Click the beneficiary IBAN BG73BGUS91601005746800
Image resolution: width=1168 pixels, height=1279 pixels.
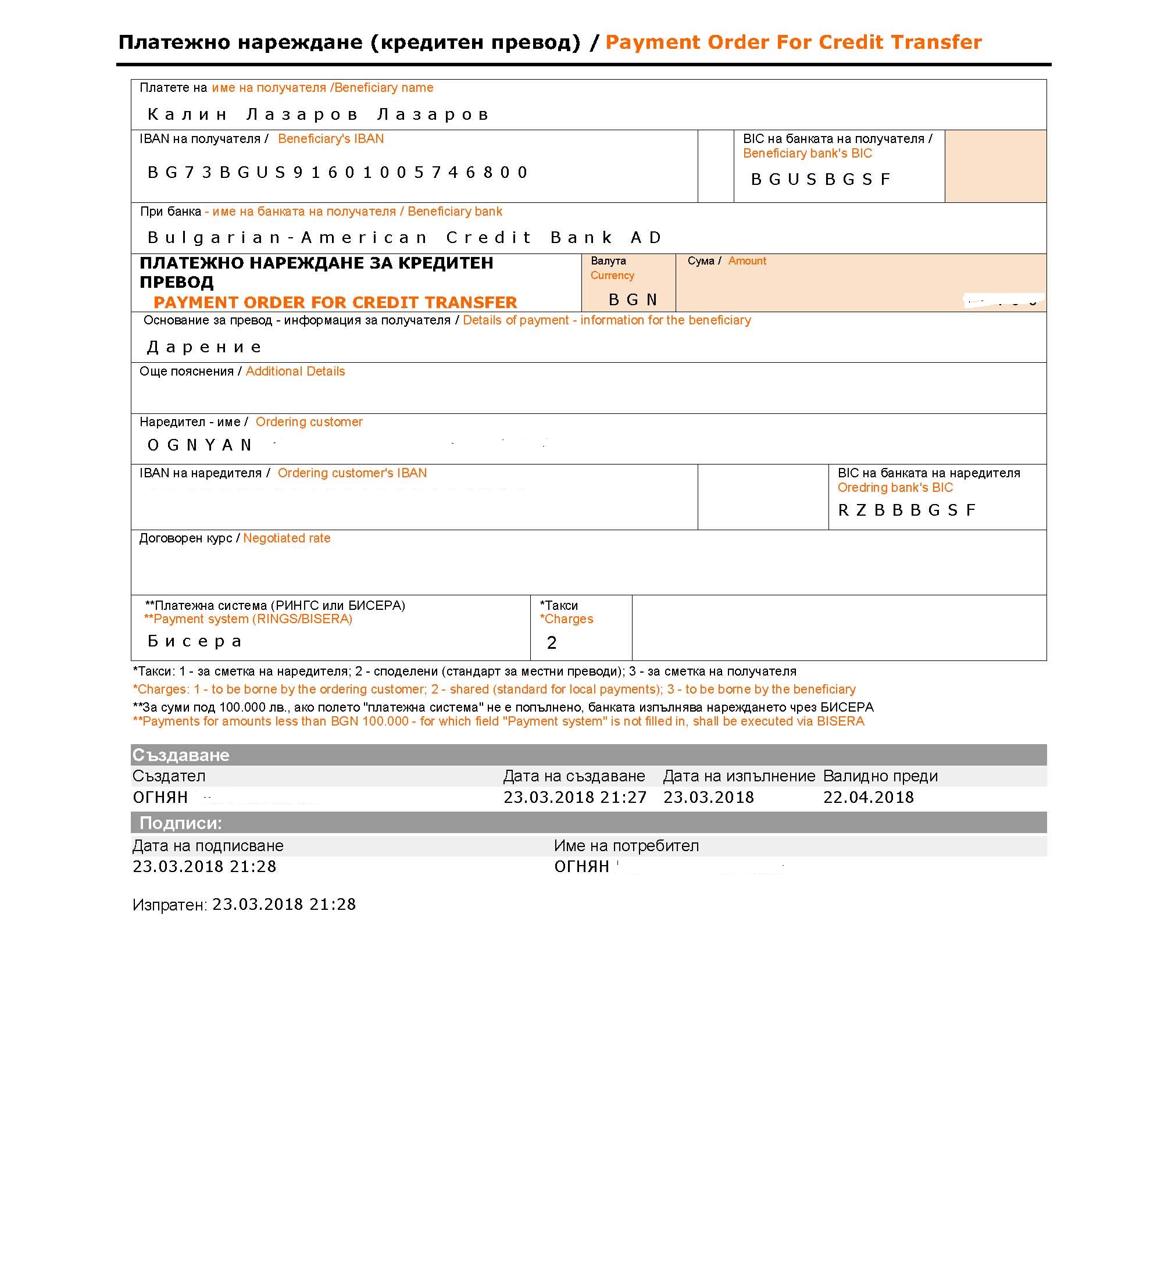(338, 173)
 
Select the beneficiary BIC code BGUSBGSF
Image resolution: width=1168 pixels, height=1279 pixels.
(821, 180)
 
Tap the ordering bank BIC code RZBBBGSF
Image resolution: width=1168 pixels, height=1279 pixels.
(906, 510)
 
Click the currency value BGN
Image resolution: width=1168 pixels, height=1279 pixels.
(633, 300)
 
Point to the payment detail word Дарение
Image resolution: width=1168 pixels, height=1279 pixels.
(204, 347)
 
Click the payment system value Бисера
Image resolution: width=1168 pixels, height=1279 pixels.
(195, 641)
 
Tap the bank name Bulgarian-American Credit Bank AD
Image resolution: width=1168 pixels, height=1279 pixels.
(405, 238)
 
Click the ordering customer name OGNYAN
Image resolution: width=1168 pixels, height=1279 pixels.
(200, 445)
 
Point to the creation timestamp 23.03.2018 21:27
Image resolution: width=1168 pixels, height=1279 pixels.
(575, 798)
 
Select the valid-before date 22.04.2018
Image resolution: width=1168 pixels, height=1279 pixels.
(869, 798)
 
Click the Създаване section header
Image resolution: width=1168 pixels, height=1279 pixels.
(181, 755)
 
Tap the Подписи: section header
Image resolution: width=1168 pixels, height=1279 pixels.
(181, 823)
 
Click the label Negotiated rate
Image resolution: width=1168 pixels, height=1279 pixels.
(287, 538)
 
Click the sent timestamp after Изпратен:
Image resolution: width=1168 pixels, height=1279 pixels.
(284, 904)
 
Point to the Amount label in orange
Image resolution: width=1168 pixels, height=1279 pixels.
(746, 261)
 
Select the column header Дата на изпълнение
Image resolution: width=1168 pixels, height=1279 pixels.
(739, 776)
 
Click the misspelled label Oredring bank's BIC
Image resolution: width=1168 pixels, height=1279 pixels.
(895, 487)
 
